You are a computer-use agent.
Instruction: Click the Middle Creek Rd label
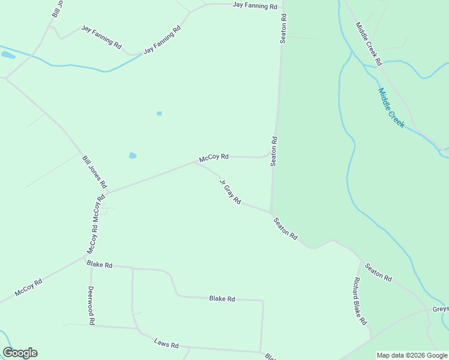coord(369,44)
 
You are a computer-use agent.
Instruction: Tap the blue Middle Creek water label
coord(391,108)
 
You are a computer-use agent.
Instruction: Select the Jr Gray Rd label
coord(230,192)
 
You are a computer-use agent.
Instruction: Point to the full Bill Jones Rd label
coord(94,172)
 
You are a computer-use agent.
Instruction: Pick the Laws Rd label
coord(166,344)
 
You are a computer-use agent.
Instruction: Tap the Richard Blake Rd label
coord(360,301)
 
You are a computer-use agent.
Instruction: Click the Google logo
coord(20,353)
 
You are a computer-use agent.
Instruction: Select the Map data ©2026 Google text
coord(412,355)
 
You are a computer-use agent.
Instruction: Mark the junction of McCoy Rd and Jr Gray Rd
coord(194,162)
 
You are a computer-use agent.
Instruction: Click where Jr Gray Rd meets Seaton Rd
coord(271,212)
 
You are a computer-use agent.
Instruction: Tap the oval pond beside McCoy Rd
coord(132,156)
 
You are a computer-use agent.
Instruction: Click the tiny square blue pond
coord(159,113)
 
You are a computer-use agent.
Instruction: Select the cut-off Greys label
coord(440,309)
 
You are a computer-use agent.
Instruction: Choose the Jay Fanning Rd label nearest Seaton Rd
coord(255,7)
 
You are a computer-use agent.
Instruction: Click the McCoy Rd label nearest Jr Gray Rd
coord(214,157)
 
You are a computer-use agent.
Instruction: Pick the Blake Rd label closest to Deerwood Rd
coord(100,264)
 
